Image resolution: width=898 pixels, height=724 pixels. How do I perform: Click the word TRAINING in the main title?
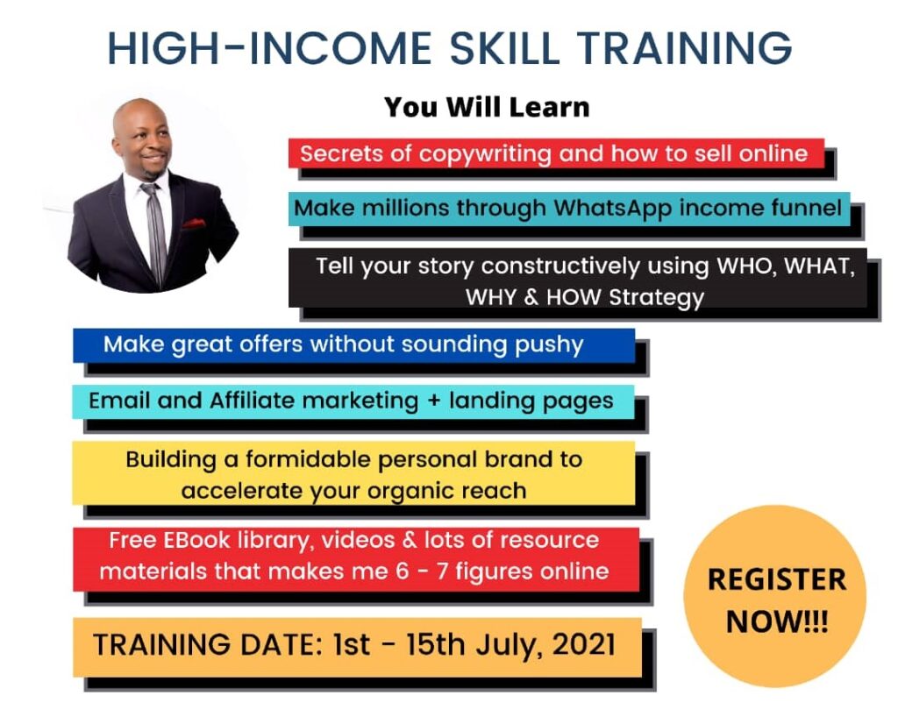click(x=684, y=48)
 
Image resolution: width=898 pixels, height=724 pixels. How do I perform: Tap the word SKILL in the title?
click(x=504, y=48)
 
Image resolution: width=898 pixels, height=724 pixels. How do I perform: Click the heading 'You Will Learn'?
click(x=487, y=107)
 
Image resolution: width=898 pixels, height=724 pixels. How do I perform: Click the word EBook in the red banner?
click(x=196, y=540)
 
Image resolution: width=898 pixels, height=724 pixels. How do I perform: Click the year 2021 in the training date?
click(x=583, y=645)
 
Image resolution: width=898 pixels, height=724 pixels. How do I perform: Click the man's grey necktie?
click(x=155, y=229)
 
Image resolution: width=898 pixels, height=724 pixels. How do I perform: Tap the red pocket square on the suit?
click(x=194, y=224)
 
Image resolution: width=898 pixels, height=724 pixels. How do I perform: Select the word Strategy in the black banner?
click(x=656, y=298)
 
